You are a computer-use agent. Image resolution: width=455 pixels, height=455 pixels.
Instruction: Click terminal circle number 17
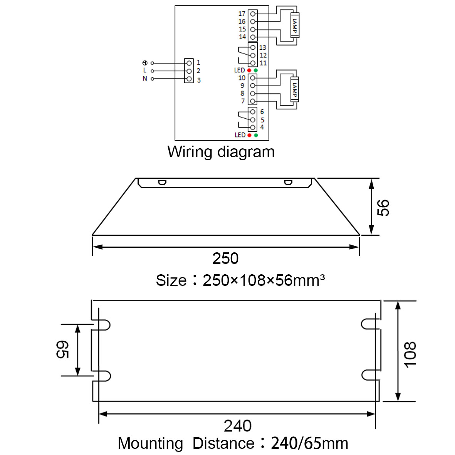coord(253,13)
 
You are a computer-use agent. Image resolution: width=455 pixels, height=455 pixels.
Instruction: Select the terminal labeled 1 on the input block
coord(189,63)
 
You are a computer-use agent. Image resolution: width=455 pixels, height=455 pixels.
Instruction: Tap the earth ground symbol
coord(145,63)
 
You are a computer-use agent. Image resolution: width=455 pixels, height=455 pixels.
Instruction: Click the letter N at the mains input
coord(145,78)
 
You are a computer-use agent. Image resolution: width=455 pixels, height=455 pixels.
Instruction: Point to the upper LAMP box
coord(295,25)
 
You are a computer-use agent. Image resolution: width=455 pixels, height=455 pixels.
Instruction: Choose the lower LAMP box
coord(294,89)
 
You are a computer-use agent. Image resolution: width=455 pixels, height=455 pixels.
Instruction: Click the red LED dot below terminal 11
coord(249,70)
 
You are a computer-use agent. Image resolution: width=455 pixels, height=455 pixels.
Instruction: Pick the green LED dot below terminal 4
coord(256,135)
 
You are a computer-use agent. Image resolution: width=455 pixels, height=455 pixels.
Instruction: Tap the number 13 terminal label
coord(262,47)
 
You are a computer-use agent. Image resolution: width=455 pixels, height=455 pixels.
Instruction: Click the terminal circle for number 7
coord(252,101)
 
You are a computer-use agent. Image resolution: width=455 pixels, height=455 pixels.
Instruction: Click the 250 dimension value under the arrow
coord(225,258)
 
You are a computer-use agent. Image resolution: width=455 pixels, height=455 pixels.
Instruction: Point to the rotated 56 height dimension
coord(383,208)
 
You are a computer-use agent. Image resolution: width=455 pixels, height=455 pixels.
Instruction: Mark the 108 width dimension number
coord(410,354)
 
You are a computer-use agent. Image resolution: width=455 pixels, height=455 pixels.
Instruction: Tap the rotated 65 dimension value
coord(62,350)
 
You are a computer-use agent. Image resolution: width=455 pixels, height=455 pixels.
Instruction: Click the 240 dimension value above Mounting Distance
coord(238,426)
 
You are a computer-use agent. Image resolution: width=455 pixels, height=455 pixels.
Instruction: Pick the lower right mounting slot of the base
coord(371,375)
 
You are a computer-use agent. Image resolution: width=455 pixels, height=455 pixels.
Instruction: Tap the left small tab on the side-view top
coord(162,183)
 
